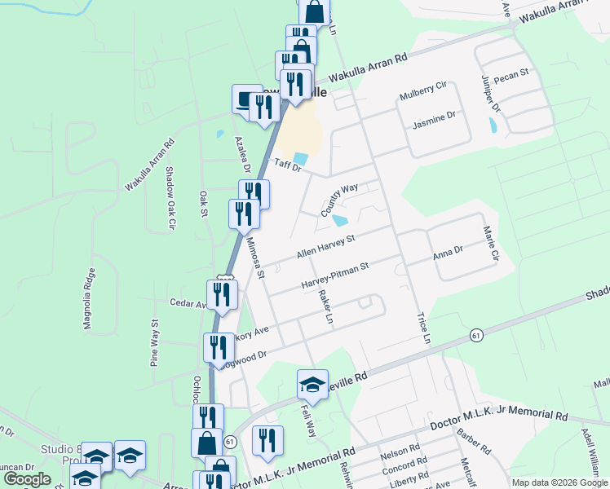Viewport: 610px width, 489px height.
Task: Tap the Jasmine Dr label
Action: (434, 119)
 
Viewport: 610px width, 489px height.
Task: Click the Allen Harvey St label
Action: (326, 247)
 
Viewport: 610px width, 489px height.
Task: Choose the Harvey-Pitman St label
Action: (335, 275)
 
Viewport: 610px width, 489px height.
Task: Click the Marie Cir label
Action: (490, 244)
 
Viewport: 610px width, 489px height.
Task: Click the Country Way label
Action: (339, 200)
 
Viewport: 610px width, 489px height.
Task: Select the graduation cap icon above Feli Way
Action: (312, 383)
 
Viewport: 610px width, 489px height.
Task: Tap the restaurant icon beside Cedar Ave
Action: (222, 293)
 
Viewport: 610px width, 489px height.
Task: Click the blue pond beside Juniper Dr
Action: (493, 126)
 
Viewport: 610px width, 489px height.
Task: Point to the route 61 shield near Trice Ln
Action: (475, 335)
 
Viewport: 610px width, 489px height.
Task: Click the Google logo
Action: (27, 478)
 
